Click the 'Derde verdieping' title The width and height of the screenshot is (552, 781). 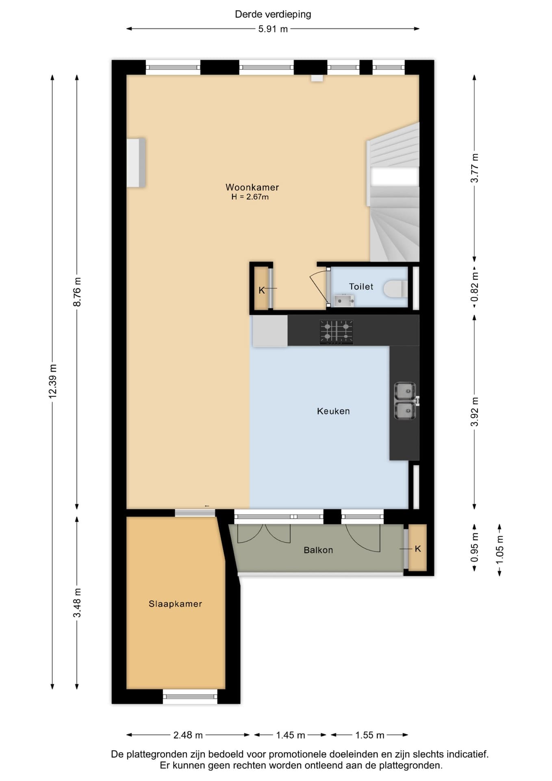point(273,14)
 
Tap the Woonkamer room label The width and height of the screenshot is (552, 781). point(252,187)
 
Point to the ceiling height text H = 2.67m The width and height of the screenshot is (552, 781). point(250,197)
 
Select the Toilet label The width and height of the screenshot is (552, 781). point(361,286)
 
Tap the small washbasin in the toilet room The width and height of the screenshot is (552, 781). point(344,301)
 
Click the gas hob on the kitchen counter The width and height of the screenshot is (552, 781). point(336,332)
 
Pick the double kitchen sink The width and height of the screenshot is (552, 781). point(405,401)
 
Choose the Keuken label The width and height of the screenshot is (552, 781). point(333,411)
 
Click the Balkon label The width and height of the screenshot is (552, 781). point(318,550)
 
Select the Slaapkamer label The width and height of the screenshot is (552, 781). point(175,604)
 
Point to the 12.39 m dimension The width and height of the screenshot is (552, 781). point(52,381)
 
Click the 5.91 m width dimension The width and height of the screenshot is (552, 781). point(273,29)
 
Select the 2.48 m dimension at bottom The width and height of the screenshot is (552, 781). point(188,735)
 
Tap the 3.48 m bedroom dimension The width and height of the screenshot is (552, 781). point(77,602)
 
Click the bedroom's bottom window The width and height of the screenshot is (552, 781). point(190,696)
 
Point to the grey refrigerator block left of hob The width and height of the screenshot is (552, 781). point(269,331)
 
